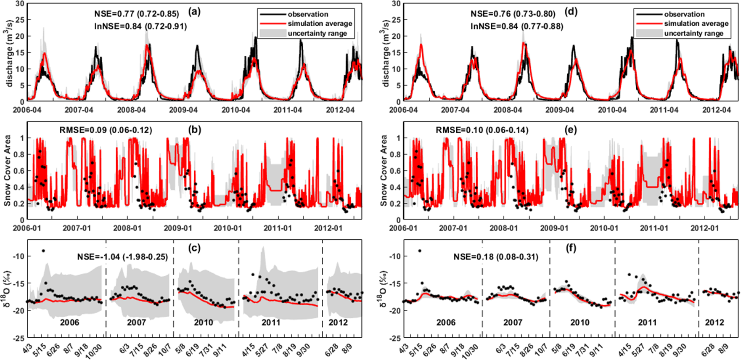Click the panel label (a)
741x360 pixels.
click(194, 12)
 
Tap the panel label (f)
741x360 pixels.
click(571, 248)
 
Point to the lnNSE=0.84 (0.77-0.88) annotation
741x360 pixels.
click(513, 26)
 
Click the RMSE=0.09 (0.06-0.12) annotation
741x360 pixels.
click(106, 130)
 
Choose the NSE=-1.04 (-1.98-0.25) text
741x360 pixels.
click(122, 257)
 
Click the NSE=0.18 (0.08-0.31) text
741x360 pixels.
click(496, 257)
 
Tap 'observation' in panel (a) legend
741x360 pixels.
click(308, 14)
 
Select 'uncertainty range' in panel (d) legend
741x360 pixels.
click(693, 33)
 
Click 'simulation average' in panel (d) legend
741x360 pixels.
click(696, 24)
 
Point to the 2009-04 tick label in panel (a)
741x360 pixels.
click(184, 111)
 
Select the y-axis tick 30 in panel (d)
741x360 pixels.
click(396, 4)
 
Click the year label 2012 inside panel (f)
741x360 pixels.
click(714, 323)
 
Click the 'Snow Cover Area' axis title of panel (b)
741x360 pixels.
click(7, 170)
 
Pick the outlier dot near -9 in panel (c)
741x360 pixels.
click(43, 251)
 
